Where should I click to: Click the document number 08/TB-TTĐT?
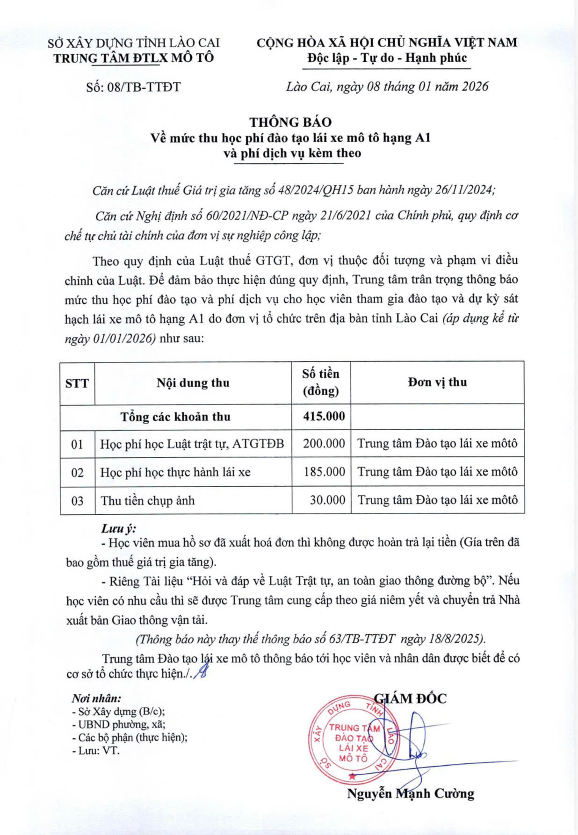133,87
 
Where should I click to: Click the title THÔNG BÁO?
290,122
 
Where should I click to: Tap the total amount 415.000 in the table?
324,416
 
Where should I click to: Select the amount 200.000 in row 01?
324,443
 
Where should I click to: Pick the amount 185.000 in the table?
324,472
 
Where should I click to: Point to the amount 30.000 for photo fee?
327,500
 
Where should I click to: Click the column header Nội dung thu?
193,383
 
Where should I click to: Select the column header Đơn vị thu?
437,382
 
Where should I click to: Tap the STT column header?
77,383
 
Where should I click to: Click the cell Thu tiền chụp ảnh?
147,501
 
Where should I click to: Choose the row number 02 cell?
77,473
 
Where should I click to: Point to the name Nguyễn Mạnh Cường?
410,793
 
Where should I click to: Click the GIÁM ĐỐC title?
410,698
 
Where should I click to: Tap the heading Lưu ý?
119,529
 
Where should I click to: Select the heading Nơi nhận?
96,698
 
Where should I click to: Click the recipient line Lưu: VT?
96,751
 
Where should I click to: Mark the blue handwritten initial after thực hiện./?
202,673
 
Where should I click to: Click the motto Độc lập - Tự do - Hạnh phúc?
387,58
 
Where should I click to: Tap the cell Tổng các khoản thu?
175,417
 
